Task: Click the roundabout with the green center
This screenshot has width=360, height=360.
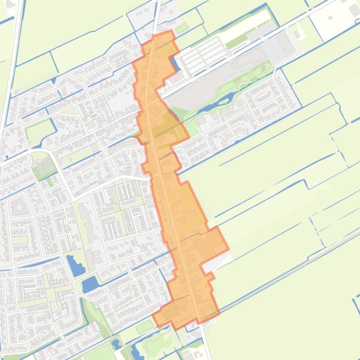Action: [81, 79]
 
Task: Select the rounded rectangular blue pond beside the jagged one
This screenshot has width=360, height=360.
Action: [90, 284]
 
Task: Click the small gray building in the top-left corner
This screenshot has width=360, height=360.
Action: [10, 5]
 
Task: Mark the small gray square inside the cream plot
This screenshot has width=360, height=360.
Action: [330, 18]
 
